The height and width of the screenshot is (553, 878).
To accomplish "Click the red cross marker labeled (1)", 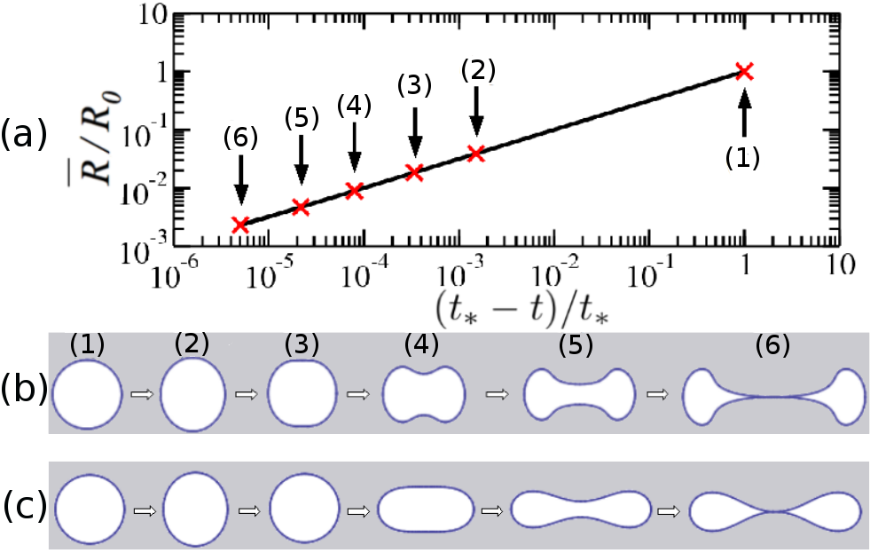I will (x=744, y=72).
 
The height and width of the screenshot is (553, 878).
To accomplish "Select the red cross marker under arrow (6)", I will (x=240, y=225).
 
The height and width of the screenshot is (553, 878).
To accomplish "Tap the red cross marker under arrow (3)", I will (x=414, y=172).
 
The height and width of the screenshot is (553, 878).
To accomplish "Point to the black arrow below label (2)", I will (x=476, y=112).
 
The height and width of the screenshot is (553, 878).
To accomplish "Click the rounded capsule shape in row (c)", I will (x=419, y=510).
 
